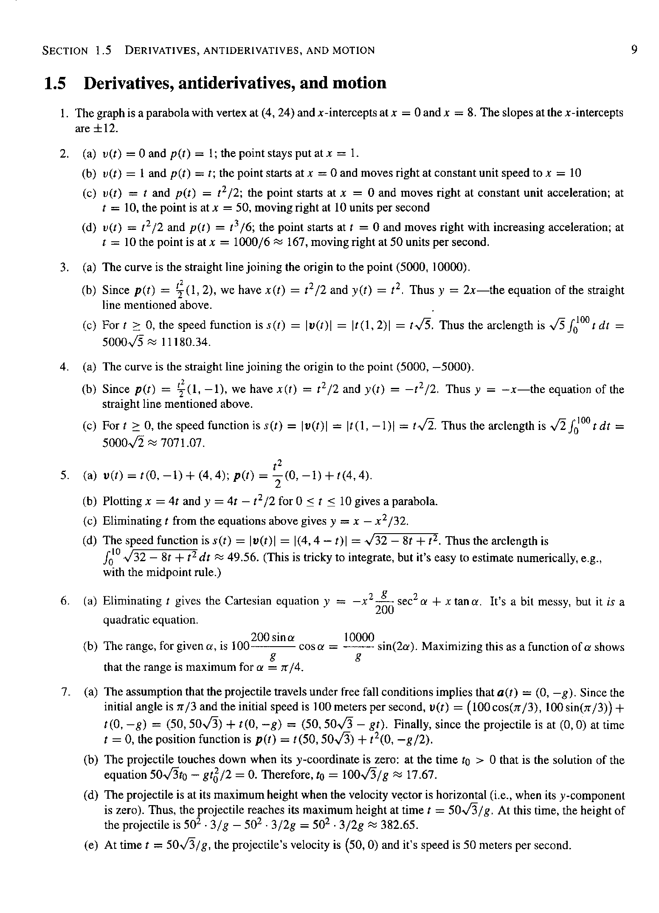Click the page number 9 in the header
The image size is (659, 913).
pyautogui.click(x=634, y=50)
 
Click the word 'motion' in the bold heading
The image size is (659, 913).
pyautogui.click(x=359, y=83)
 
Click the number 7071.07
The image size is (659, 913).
pyautogui.click(x=183, y=444)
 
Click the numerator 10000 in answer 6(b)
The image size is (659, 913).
pyautogui.click(x=359, y=637)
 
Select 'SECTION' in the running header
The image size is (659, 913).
pyautogui.click(x=66, y=51)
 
